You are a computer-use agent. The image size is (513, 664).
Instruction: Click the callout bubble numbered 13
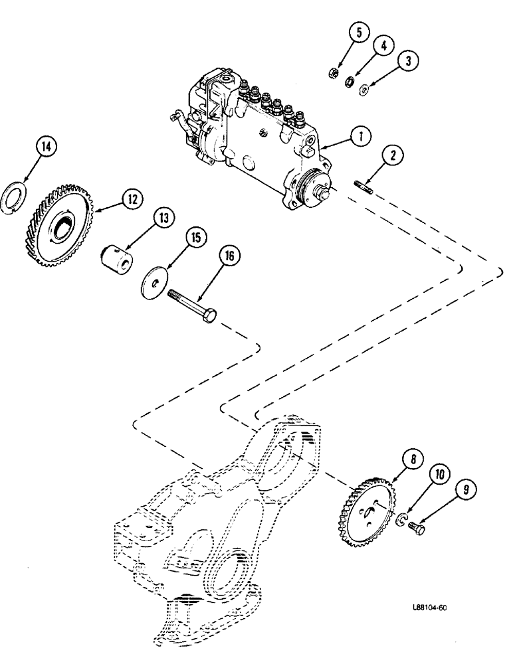162,217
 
